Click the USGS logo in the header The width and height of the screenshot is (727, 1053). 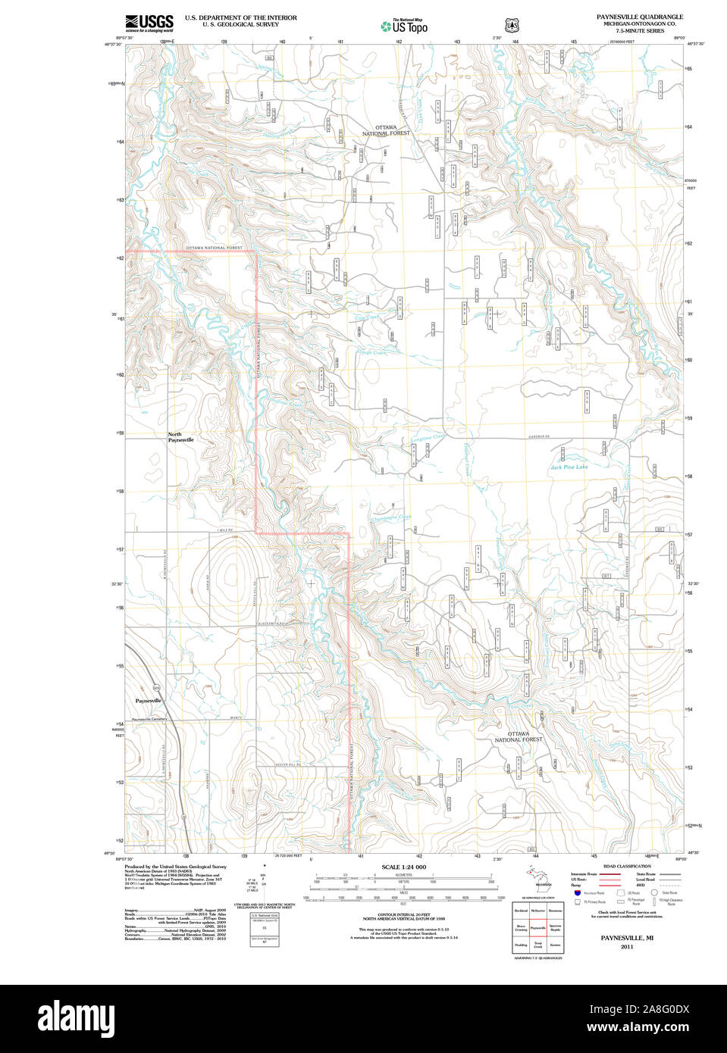coord(149,23)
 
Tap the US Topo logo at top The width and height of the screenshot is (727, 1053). coord(404,27)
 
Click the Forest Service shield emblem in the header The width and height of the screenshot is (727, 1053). coord(512,25)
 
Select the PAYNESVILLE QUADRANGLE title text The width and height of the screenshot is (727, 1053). coord(639,17)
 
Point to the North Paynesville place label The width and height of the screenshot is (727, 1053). coord(180,437)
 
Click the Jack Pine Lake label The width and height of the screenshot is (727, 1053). coord(569,467)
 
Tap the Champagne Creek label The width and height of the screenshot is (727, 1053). coord(391,518)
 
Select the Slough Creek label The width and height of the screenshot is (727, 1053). coord(371,352)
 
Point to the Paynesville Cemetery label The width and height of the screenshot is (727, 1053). coord(149,719)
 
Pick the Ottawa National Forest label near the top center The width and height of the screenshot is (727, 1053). coord(386,130)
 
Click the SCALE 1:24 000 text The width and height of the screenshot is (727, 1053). coord(403,867)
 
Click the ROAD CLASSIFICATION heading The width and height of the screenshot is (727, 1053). coord(627,866)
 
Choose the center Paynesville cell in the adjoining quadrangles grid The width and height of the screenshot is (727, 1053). coord(538,927)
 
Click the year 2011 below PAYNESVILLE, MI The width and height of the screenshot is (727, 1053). coord(626,947)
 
